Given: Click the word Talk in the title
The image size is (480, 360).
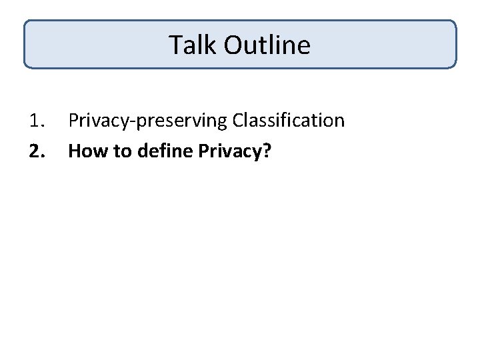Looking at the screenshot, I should (x=193, y=45).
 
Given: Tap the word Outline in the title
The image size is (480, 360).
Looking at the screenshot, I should (x=267, y=45).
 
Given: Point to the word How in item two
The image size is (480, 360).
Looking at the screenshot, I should (x=83, y=151).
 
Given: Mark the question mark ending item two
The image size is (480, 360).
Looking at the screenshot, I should (x=267, y=151).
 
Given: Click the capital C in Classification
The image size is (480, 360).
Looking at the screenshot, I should (x=239, y=121).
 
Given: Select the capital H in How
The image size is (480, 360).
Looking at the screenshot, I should (x=74, y=151).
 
